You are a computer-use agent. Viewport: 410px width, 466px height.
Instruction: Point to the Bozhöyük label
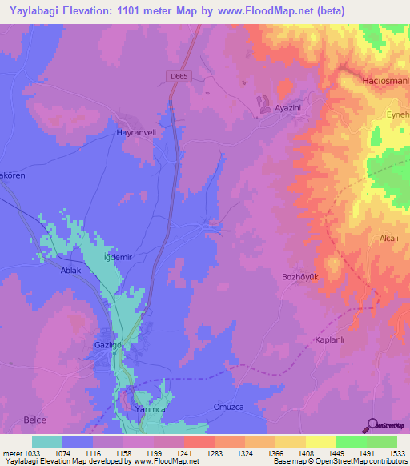299,277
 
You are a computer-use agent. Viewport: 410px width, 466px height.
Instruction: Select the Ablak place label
72,270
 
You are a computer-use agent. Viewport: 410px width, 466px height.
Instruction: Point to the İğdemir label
119,258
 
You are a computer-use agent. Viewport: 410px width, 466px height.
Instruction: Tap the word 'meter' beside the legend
12,452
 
